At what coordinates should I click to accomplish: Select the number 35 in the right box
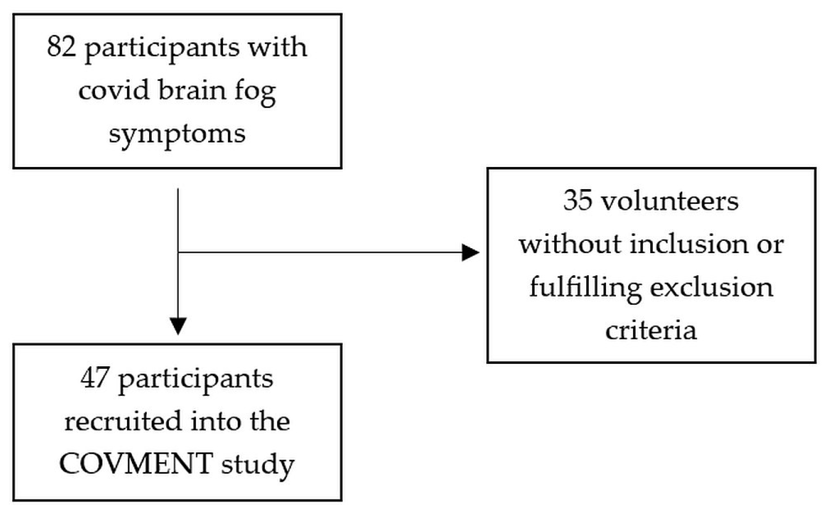pos(578,201)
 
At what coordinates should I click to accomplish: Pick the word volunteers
pos(670,201)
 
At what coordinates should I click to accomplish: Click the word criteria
pos(651,330)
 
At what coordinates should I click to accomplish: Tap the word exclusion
pos(712,287)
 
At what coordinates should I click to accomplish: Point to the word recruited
pos(123,421)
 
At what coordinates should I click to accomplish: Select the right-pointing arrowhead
pos(470,252)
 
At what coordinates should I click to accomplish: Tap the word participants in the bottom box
pos(196,380)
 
